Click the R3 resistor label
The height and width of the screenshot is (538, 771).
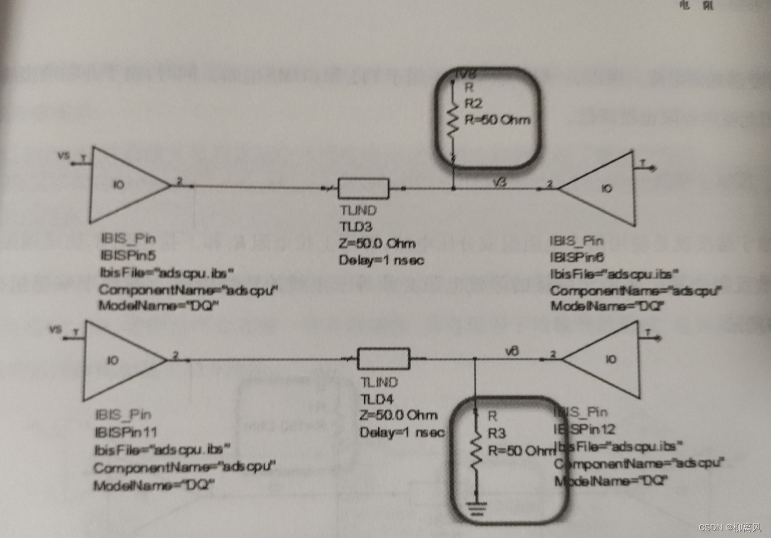coord(497,433)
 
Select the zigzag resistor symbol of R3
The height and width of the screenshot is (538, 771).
coord(475,447)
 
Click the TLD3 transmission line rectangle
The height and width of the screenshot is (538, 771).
coord(363,188)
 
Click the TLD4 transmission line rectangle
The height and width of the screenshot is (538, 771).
coord(385,358)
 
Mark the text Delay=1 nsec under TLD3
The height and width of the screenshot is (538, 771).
coord(381,261)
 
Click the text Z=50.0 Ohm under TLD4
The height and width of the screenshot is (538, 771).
coord(399,415)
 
